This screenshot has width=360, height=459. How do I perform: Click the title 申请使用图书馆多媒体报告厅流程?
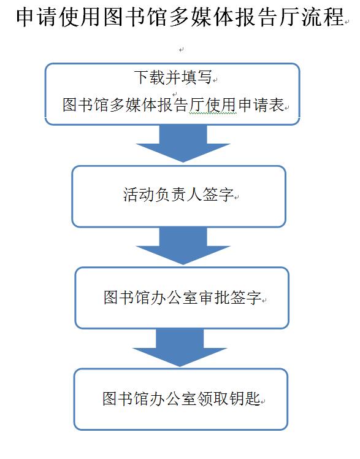tap(180, 17)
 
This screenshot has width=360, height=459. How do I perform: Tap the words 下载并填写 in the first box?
tap(173, 77)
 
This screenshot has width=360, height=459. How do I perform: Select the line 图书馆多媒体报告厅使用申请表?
tap(174, 104)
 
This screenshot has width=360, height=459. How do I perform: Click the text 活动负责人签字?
tap(178, 194)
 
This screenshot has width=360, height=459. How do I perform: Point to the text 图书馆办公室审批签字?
tap(183, 298)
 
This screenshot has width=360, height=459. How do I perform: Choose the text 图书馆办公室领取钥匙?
tap(182, 398)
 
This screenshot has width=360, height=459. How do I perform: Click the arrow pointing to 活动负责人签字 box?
tap(183, 144)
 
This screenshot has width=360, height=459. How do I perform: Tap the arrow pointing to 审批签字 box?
tap(183, 246)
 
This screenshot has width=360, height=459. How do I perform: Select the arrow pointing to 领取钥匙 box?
tap(180, 348)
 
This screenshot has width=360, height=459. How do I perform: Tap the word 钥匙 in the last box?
tap(245, 398)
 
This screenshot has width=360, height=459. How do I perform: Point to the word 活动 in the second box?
tap(139, 194)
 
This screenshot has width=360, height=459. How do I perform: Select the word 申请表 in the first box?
tap(261, 104)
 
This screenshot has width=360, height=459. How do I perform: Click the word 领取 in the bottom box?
tap(213, 398)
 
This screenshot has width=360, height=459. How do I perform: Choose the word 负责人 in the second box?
tap(178, 194)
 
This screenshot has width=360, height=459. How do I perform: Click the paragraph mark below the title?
tap(182, 50)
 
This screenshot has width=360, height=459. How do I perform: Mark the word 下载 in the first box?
tap(150, 77)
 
